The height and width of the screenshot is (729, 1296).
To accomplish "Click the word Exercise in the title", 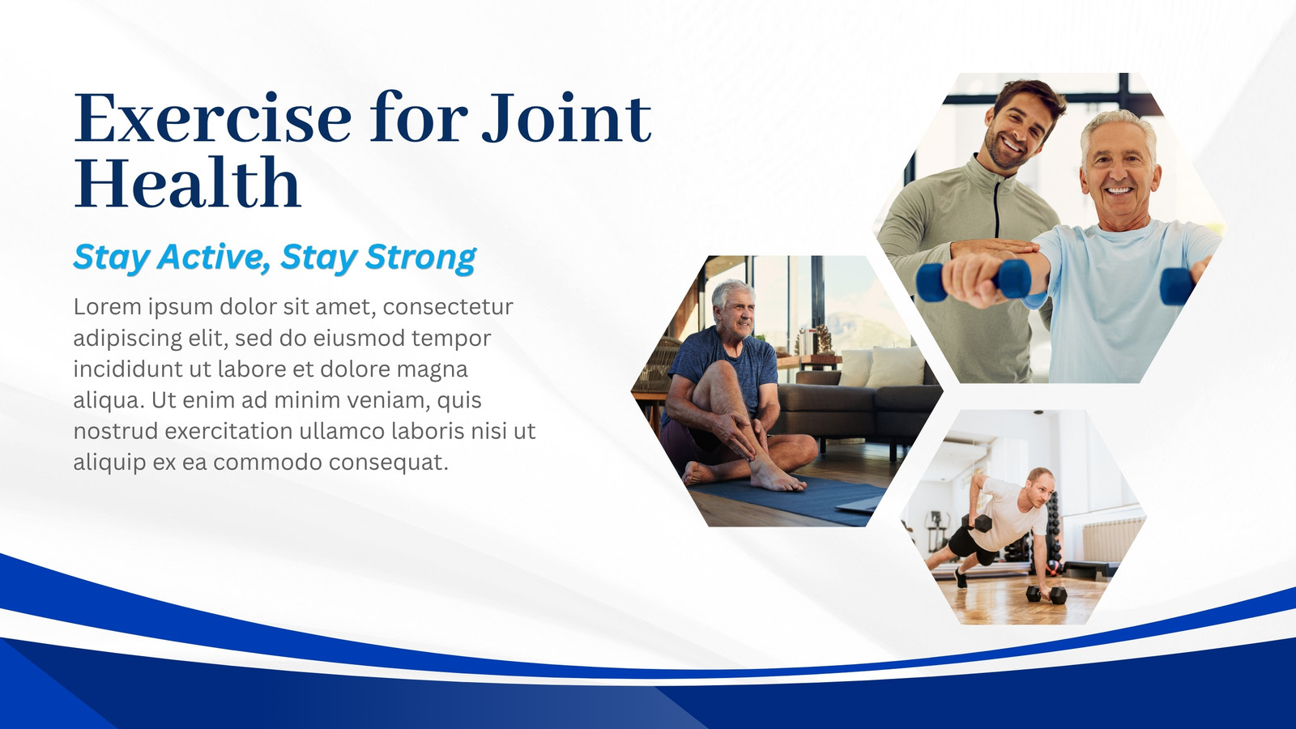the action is point(212,118).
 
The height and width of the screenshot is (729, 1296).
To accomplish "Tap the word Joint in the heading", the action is point(566,118).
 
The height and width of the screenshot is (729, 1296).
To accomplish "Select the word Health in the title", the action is point(187,182).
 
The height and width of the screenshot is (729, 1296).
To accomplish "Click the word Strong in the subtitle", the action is point(420,258).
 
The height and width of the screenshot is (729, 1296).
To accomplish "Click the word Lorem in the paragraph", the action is point(107,307).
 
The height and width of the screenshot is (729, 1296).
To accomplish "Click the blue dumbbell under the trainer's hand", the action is point(974,280).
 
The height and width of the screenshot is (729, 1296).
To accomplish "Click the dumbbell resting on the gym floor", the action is point(1046,594).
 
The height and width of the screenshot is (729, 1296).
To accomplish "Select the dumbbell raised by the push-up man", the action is point(978,523).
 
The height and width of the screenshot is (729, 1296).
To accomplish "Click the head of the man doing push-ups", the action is point(1039,487).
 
